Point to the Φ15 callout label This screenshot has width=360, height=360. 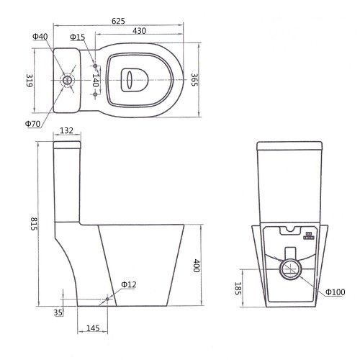(78, 37)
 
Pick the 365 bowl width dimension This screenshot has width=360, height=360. (194, 80)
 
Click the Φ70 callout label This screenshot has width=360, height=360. (32, 124)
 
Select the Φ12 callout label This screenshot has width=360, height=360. (128, 285)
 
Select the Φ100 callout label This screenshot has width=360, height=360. (335, 292)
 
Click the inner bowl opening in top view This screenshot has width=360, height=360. (132, 80)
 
